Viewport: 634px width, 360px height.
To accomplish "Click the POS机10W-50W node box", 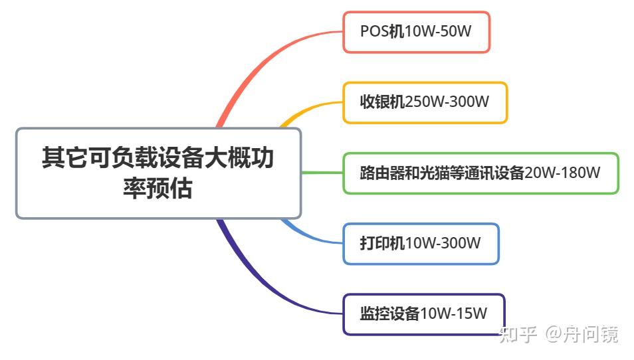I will coord(416,32).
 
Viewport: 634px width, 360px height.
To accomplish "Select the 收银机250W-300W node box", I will coord(425,102).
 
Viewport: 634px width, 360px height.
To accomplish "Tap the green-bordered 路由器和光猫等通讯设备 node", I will coord(480,173).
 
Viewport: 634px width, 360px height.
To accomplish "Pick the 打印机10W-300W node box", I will coord(421,244).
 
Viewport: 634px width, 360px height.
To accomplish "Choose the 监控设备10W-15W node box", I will coord(424,314).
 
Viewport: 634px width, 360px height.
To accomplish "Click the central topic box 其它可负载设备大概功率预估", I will coord(158,173).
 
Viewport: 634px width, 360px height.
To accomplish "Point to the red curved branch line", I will coord(253,73).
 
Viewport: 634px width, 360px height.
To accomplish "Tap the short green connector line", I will coord(322,173).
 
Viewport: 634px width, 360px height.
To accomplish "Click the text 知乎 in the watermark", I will coord(518,334).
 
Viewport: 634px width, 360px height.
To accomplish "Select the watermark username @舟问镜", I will coord(581,334).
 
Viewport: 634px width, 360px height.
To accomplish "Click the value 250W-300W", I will coord(447,102).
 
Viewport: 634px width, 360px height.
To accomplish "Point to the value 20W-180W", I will coord(562,173).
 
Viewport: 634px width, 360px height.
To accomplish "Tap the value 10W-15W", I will coord(454,314).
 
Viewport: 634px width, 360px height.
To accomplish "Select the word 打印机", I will coord(382,244).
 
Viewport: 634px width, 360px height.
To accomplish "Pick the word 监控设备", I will coord(390,314).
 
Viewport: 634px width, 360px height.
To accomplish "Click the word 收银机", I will coord(382,102).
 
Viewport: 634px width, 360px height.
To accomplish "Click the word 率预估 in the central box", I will coord(158,190).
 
